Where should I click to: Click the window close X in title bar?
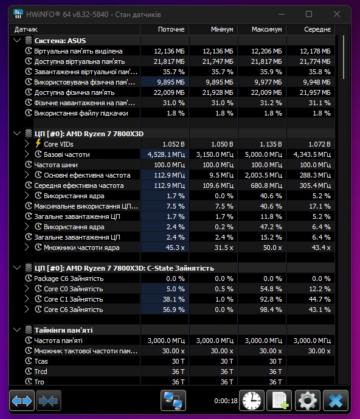(x=337, y=14)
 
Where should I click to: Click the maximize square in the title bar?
(x=309, y=14)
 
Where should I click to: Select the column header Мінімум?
(x=222, y=29)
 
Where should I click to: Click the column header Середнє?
(x=317, y=29)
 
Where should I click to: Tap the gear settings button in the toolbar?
(x=307, y=400)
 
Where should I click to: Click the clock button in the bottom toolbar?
(x=252, y=400)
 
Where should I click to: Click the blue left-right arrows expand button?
(x=22, y=400)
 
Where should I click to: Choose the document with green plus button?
(x=280, y=400)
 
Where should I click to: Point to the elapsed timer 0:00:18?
(x=226, y=401)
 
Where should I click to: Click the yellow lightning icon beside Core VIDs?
(x=38, y=144)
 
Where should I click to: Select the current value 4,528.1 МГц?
(x=166, y=154)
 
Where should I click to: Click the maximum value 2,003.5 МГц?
(x=263, y=175)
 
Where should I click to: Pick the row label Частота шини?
(x=56, y=165)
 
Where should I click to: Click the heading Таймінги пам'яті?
(x=64, y=330)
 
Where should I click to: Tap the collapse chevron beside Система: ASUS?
(x=17, y=41)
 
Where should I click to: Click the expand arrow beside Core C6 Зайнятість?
(x=27, y=310)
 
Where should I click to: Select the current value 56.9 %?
(x=174, y=310)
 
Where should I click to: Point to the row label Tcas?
(x=41, y=361)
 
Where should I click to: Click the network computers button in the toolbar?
(x=173, y=400)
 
